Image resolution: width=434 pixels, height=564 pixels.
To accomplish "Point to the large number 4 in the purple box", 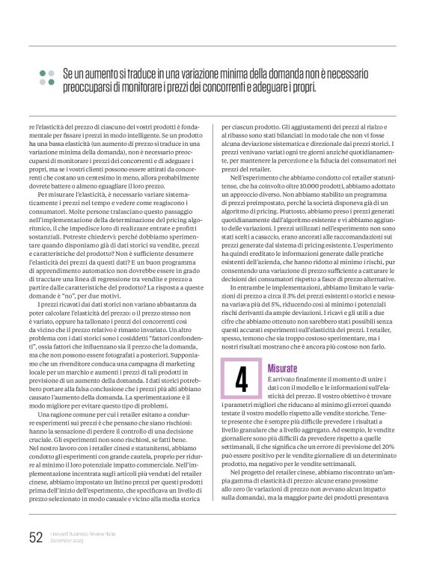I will (x=241, y=381).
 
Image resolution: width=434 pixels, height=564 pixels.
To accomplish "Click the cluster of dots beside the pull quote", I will (x=47, y=78).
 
